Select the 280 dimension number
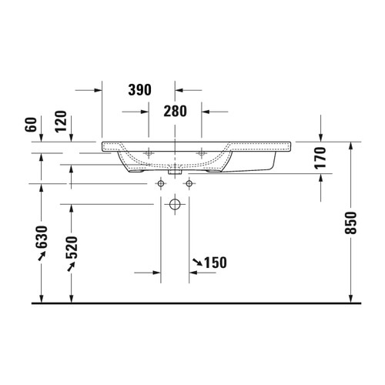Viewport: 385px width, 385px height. tap(175, 112)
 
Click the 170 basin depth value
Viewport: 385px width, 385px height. tap(321, 158)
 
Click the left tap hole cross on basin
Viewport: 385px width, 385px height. tap(149, 154)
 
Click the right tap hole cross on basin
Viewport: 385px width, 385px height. tap(201, 154)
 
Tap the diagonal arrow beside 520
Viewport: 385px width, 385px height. tap(72, 266)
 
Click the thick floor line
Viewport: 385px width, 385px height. tap(192, 303)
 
